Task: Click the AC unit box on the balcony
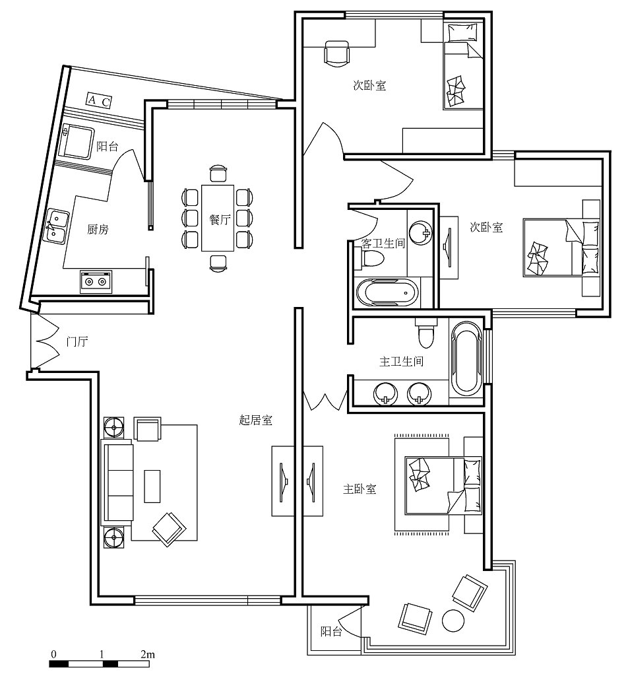pos(100,100)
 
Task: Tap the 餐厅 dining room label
pos(220,219)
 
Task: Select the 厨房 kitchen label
pos(98,229)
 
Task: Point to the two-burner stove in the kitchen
pos(96,281)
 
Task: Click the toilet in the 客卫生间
pos(369,258)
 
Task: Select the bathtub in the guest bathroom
pos(387,293)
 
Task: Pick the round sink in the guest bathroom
pos(420,232)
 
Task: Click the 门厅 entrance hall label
pos(77,341)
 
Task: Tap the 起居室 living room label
pos(256,419)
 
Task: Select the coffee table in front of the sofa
pos(152,487)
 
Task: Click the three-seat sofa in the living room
pos(117,483)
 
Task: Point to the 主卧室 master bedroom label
pos(360,489)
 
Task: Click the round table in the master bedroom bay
pos(453,621)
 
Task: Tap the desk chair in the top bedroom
pos(336,53)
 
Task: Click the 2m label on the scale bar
pos(147,654)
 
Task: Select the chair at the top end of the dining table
pos(218,172)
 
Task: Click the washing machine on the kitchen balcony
pos(77,142)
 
